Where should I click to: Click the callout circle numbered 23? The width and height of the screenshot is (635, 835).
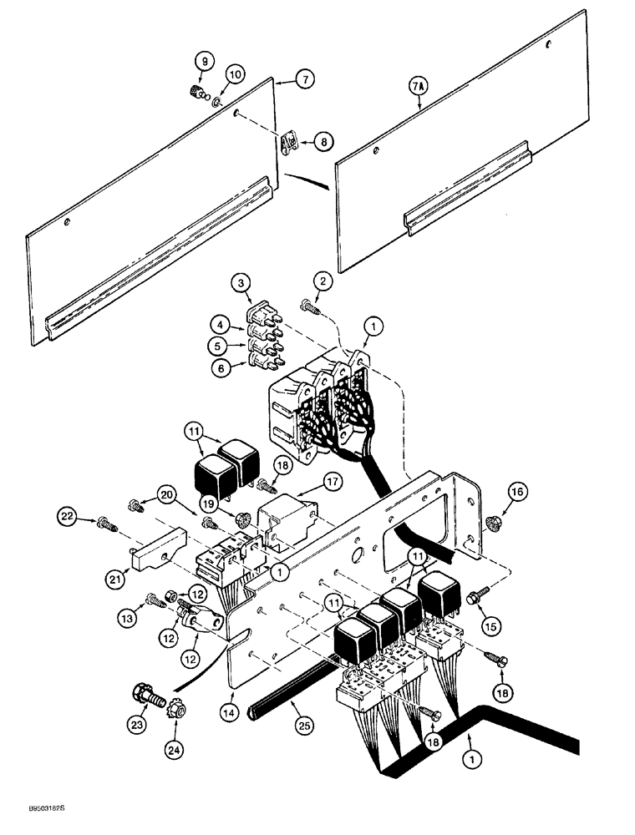pos(139,739)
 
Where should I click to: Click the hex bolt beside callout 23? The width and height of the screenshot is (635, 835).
pos(143,696)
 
